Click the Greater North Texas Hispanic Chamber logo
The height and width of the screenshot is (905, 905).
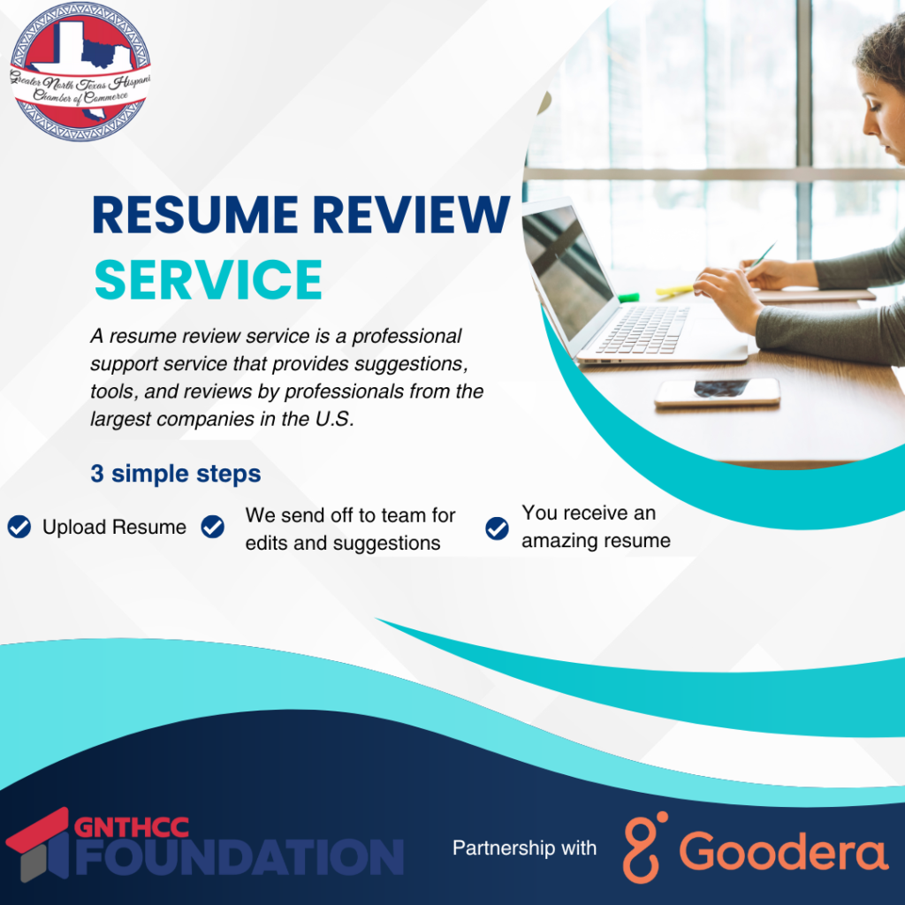(80, 72)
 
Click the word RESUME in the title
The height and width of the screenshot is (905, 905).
(195, 215)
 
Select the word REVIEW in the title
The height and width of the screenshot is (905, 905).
(412, 215)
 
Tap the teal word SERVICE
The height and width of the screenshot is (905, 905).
(209, 280)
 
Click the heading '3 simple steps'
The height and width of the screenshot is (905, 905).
(176, 474)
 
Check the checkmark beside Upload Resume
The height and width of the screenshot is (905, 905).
(19, 527)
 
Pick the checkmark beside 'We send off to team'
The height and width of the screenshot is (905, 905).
(212, 527)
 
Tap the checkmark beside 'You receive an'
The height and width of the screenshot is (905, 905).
(497, 529)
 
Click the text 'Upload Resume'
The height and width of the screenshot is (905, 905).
(114, 527)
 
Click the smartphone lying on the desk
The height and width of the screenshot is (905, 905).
(718, 392)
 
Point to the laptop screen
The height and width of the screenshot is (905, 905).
(567, 271)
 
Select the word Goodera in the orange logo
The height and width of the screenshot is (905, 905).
(783, 851)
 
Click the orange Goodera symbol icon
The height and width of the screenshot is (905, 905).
(644, 847)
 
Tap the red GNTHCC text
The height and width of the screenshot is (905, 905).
(132, 827)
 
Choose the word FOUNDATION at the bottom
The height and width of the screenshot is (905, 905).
(240, 857)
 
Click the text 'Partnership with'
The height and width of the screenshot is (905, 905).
(524, 848)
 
